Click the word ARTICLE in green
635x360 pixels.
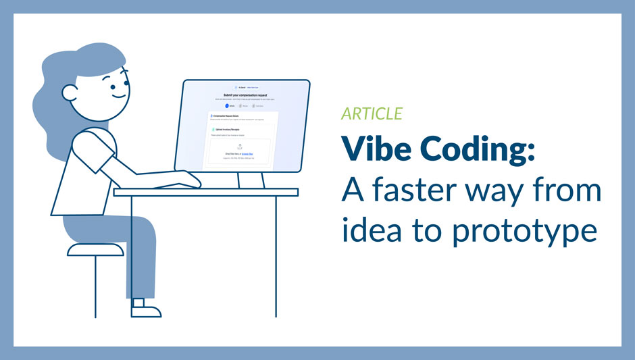point(372,113)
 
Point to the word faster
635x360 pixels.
point(417,191)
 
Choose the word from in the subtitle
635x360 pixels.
point(565,191)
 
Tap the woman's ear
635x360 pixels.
point(70,93)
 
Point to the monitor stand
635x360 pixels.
point(251,179)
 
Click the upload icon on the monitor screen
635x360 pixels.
point(239,147)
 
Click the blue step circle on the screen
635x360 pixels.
point(227,106)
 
